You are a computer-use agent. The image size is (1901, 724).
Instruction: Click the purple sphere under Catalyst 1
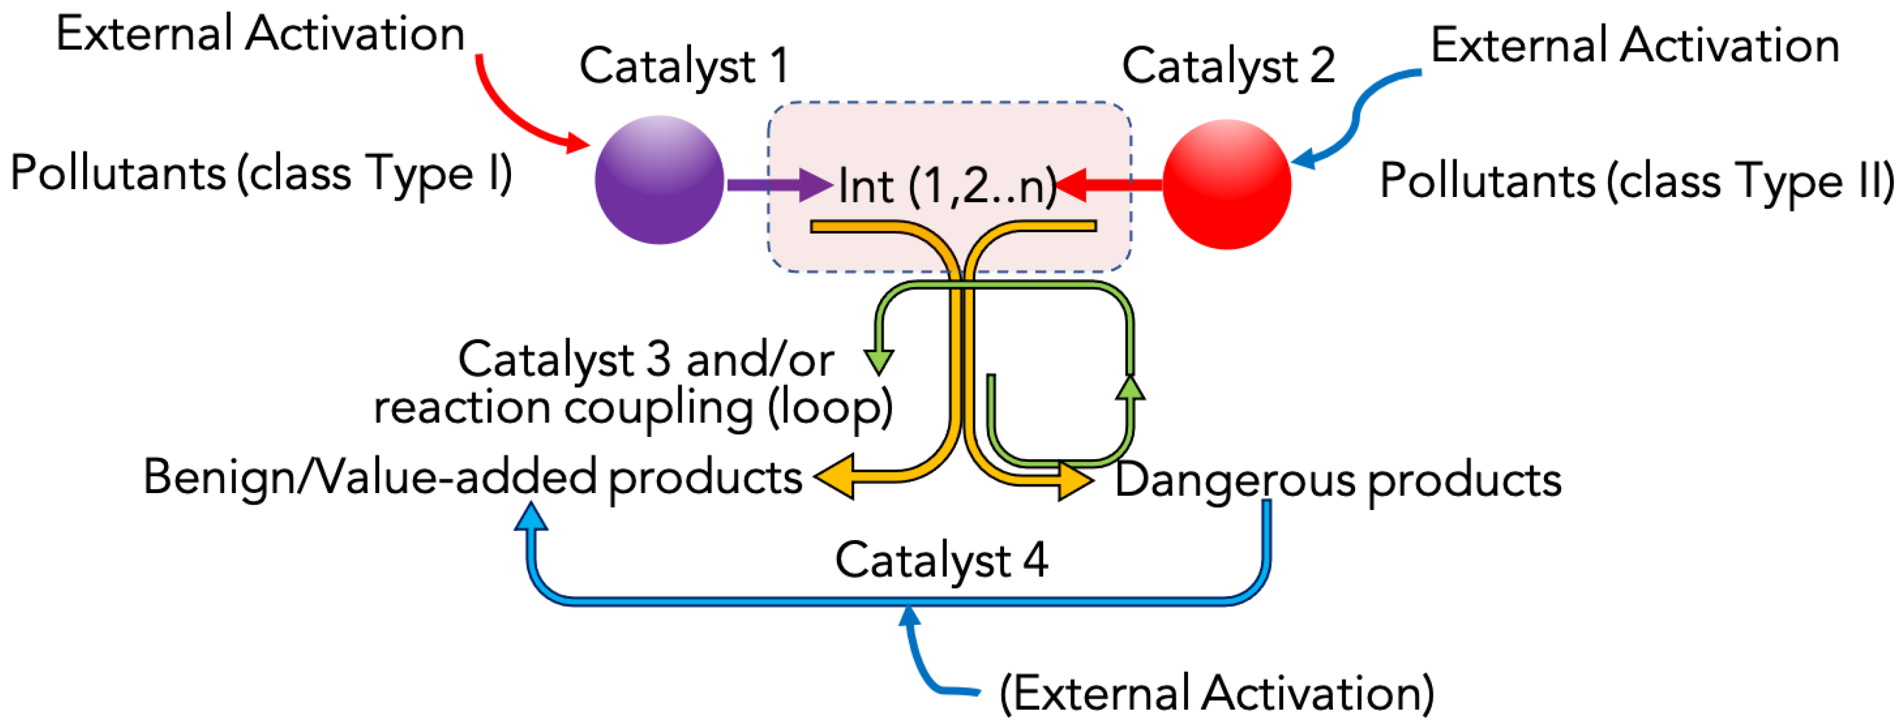659,180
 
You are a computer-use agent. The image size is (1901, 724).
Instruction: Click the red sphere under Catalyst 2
1226,184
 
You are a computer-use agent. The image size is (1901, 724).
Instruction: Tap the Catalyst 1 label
684,66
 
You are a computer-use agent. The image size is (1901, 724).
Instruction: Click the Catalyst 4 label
941,560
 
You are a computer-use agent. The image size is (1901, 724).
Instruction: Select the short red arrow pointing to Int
1107,184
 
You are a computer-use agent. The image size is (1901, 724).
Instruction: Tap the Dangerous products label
1337,480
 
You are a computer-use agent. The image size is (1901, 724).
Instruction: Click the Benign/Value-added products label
472,478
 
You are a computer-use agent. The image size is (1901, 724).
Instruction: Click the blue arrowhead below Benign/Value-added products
531,517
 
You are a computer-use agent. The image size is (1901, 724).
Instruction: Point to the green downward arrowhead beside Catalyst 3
879,362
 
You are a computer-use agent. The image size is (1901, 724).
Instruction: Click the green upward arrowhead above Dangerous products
1130,388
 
